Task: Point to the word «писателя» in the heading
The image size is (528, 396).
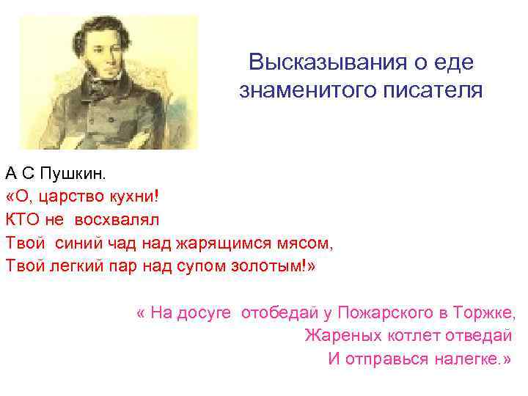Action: pyautogui.click(x=436, y=91)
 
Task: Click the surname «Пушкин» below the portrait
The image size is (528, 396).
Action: pyautogui.click(x=73, y=174)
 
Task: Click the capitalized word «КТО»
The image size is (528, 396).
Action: pyautogui.click(x=24, y=219)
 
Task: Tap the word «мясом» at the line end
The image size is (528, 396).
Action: pyautogui.click(x=312, y=242)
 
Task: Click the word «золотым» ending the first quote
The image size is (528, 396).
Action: pyautogui.click(x=272, y=265)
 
